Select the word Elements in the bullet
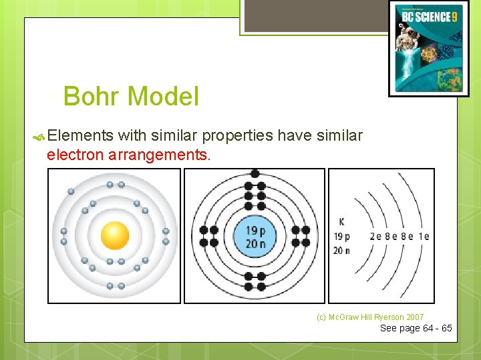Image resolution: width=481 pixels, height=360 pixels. [80, 136]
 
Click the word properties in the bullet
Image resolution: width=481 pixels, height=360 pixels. [237, 136]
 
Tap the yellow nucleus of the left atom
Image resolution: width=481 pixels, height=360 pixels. [115, 235]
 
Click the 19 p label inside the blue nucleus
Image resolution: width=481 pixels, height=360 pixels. [255, 231]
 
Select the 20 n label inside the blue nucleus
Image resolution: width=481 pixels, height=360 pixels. [255, 243]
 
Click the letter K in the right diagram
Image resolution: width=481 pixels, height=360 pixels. [342, 222]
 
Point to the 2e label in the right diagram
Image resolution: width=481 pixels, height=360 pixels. [375, 236]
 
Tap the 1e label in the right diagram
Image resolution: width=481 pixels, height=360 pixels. [423, 236]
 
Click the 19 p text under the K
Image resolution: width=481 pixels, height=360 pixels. [342, 236]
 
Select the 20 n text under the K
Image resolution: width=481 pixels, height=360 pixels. [342, 250]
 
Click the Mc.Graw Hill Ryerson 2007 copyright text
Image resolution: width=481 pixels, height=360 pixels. [370, 317]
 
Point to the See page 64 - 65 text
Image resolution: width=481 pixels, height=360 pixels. [416, 328]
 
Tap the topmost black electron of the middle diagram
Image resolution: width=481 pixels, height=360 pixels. [255, 173]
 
